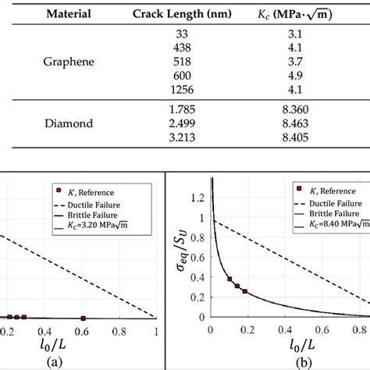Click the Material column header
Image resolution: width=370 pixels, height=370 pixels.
[68, 13]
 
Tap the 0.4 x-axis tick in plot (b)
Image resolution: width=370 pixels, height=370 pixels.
[277, 330]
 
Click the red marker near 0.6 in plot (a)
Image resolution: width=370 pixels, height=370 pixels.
[83, 318]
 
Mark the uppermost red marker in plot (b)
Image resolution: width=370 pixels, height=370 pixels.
[229, 279]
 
